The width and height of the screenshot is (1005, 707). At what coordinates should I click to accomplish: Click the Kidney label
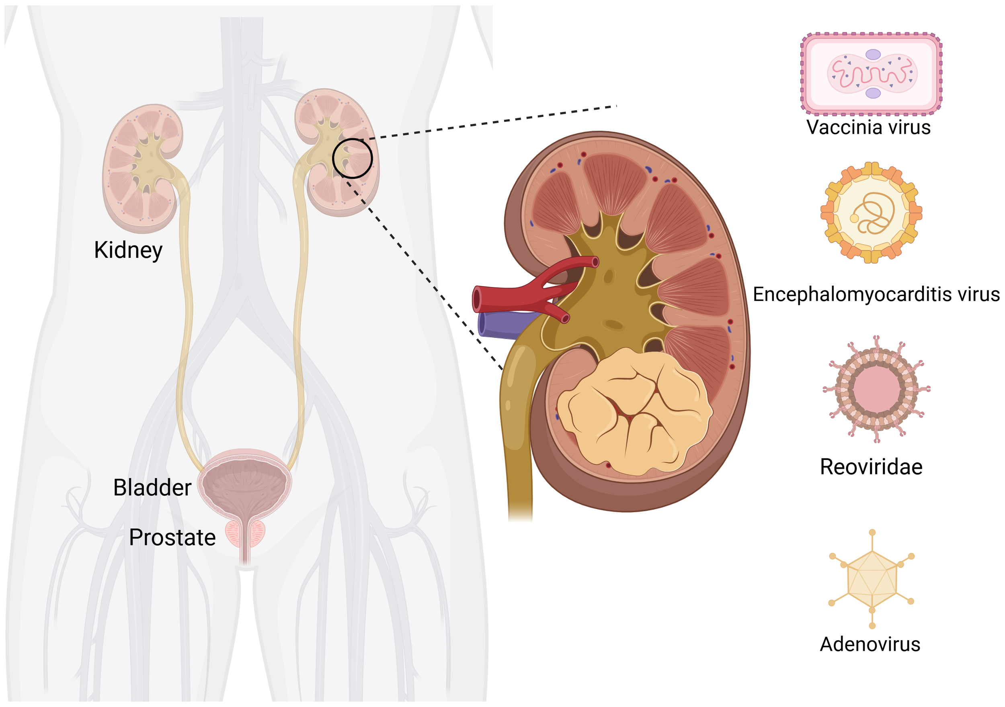point(128,250)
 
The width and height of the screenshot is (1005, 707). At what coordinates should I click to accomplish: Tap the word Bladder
point(152,487)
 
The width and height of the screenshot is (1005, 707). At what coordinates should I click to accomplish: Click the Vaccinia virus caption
point(868,127)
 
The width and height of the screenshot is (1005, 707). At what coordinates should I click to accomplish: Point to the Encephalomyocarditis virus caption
point(876,294)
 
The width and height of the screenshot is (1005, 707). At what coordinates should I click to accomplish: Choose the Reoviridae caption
point(871,467)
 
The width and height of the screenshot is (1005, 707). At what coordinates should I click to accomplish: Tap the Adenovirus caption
point(870,644)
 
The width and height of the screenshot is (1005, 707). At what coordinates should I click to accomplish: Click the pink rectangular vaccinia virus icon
point(872,74)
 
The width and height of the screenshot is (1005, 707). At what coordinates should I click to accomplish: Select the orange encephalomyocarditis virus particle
point(871,213)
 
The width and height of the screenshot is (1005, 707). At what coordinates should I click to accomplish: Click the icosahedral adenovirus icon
point(872,579)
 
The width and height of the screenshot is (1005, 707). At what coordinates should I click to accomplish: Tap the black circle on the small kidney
point(353,158)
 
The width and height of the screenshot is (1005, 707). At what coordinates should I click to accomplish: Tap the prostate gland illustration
point(245,534)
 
